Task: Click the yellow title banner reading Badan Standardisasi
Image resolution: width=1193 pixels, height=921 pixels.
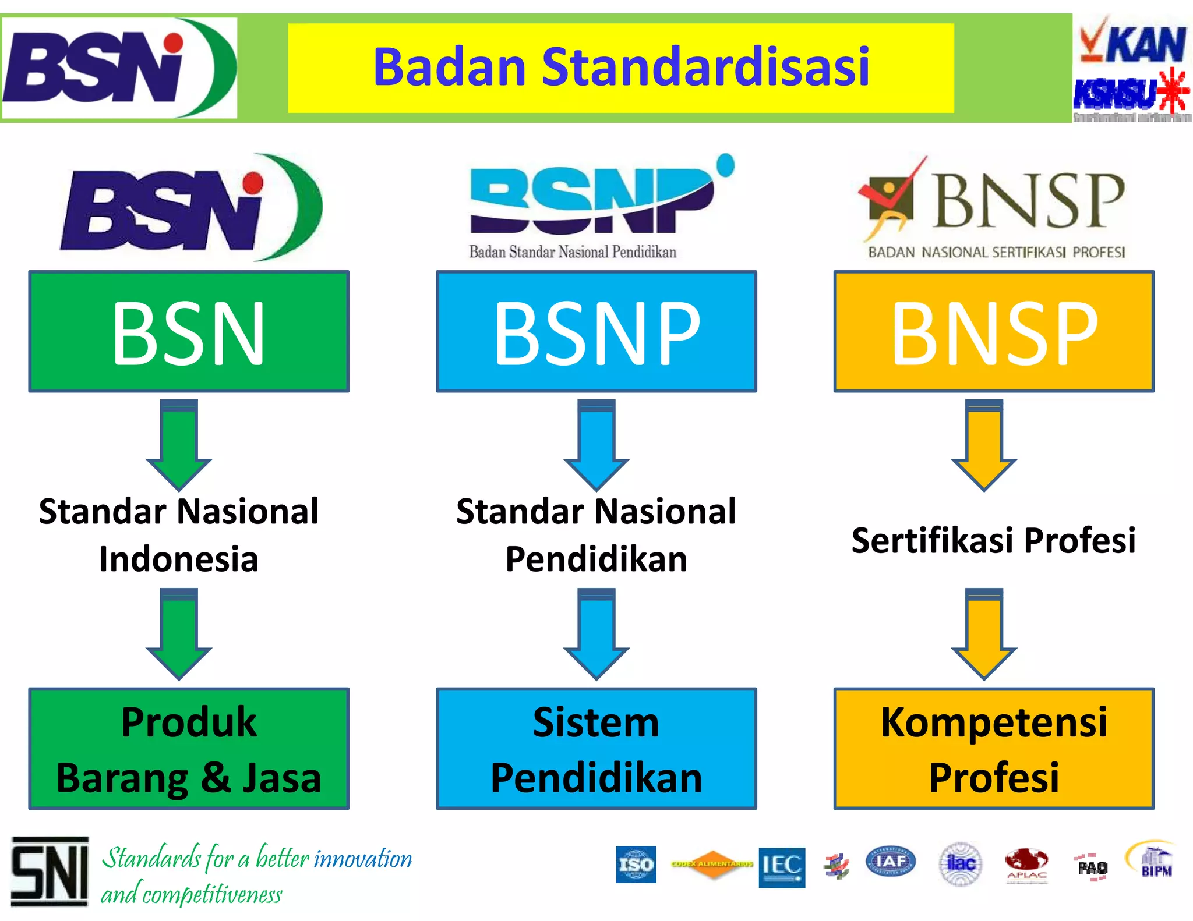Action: tap(620, 68)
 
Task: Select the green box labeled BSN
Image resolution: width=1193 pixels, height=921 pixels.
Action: tap(189, 331)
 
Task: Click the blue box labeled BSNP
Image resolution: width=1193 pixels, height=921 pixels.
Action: tap(596, 331)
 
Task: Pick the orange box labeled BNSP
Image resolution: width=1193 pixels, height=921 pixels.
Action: tap(994, 331)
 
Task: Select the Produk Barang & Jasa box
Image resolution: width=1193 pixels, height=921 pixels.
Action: tap(189, 749)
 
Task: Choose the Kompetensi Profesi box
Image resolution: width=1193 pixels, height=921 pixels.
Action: tap(994, 749)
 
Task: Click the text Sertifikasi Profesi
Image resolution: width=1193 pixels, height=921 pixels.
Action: tap(994, 540)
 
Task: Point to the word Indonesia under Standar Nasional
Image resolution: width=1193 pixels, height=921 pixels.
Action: tap(178, 559)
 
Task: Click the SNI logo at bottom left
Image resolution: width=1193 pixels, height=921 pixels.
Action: tap(50, 872)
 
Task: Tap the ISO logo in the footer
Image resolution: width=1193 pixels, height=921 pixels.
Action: tap(636, 865)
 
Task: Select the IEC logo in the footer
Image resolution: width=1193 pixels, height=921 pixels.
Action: tap(782, 867)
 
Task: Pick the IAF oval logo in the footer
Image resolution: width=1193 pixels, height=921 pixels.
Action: tap(890, 862)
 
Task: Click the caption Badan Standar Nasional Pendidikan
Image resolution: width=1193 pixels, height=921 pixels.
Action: tap(573, 252)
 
